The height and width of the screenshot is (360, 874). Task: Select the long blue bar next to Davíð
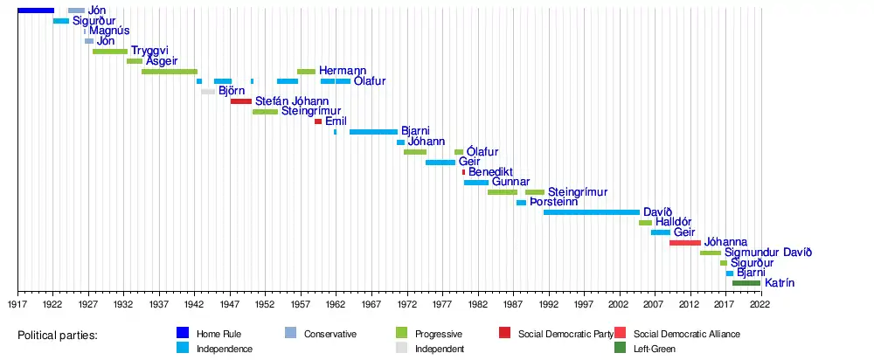(592, 212)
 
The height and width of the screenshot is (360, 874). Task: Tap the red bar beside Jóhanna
(684, 243)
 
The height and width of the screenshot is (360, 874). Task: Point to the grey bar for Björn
(208, 92)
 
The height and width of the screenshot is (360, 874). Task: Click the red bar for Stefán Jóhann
(241, 101)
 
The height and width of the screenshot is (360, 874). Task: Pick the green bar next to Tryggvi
(110, 52)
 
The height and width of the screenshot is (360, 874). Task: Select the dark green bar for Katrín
(746, 283)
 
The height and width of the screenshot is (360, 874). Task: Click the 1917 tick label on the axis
(17, 304)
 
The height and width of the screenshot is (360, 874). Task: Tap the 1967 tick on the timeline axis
(371, 304)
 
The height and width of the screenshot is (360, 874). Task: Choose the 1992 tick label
(548, 304)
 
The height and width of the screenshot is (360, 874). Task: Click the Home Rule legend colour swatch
(182, 333)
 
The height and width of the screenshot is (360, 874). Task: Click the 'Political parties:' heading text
(58, 336)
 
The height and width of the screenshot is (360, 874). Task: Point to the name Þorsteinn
(553, 202)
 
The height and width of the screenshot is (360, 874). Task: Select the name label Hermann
(343, 71)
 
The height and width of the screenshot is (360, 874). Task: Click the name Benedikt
(490, 172)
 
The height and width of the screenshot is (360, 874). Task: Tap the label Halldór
(673, 223)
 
